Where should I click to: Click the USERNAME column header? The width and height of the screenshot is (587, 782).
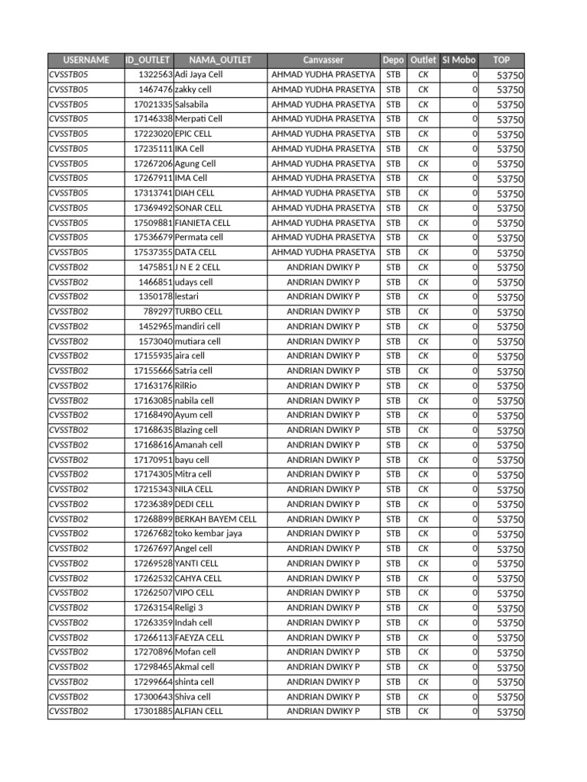pyautogui.click(x=86, y=60)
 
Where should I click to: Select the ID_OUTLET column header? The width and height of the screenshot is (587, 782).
pyautogui.click(x=149, y=60)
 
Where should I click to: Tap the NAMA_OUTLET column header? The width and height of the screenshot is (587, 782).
pyautogui.click(x=220, y=60)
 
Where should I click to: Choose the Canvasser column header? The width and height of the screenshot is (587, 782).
pyautogui.click(x=323, y=60)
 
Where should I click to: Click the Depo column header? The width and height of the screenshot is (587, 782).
pyautogui.click(x=393, y=60)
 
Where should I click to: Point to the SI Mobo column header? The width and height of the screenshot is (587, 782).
pyautogui.click(x=459, y=60)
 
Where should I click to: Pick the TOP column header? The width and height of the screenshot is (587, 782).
pyautogui.click(x=501, y=60)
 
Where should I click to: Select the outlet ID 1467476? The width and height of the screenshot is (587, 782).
pyautogui.click(x=155, y=89)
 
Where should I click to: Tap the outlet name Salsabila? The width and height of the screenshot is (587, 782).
pyautogui.click(x=192, y=104)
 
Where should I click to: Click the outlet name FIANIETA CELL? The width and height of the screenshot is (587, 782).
pyautogui.click(x=203, y=223)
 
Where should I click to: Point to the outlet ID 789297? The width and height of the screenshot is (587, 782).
pyautogui.click(x=158, y=312)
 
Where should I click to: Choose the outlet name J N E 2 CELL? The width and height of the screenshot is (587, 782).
pyautogui.click(x=197, y=267)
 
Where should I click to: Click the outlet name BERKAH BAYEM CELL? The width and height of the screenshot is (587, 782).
pyautogui.click(x=216, y=519)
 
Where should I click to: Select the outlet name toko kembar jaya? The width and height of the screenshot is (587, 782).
pyautogui.click(x=208, y=534)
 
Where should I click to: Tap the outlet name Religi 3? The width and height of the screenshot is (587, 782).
pyautogui.click(x=189, y=608)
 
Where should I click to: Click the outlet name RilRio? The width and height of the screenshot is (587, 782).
pyautogui.click(x=186, y=386)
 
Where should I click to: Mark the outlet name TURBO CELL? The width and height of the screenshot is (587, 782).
pyautogui.click(x=199, y=312)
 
